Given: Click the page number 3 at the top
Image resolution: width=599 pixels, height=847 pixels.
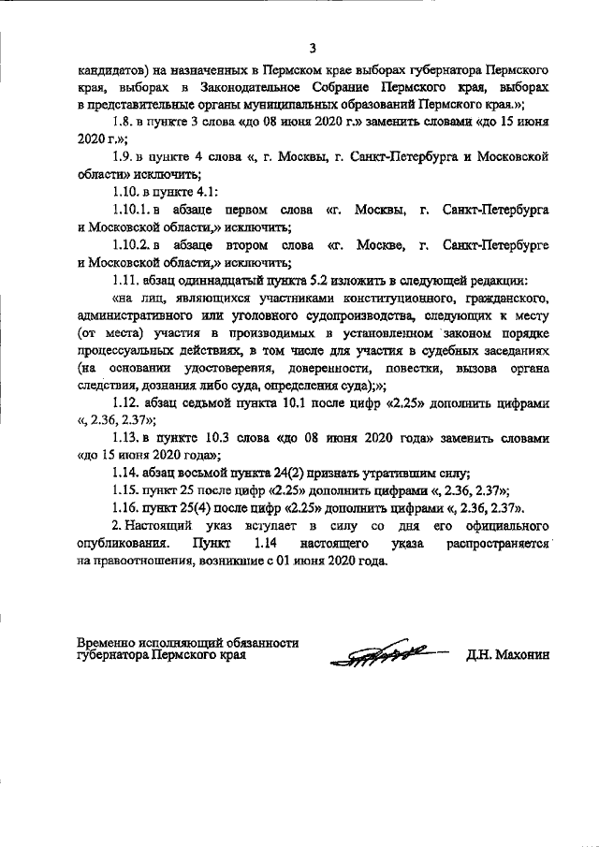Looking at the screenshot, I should pyautogui.click(x=314, y=49).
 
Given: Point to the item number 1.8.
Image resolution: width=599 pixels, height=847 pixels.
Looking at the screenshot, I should pyautogui.click(x=124, y=123).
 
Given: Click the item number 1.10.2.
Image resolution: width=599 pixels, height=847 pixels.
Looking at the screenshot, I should pyautogui.click(x=130, y=243).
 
